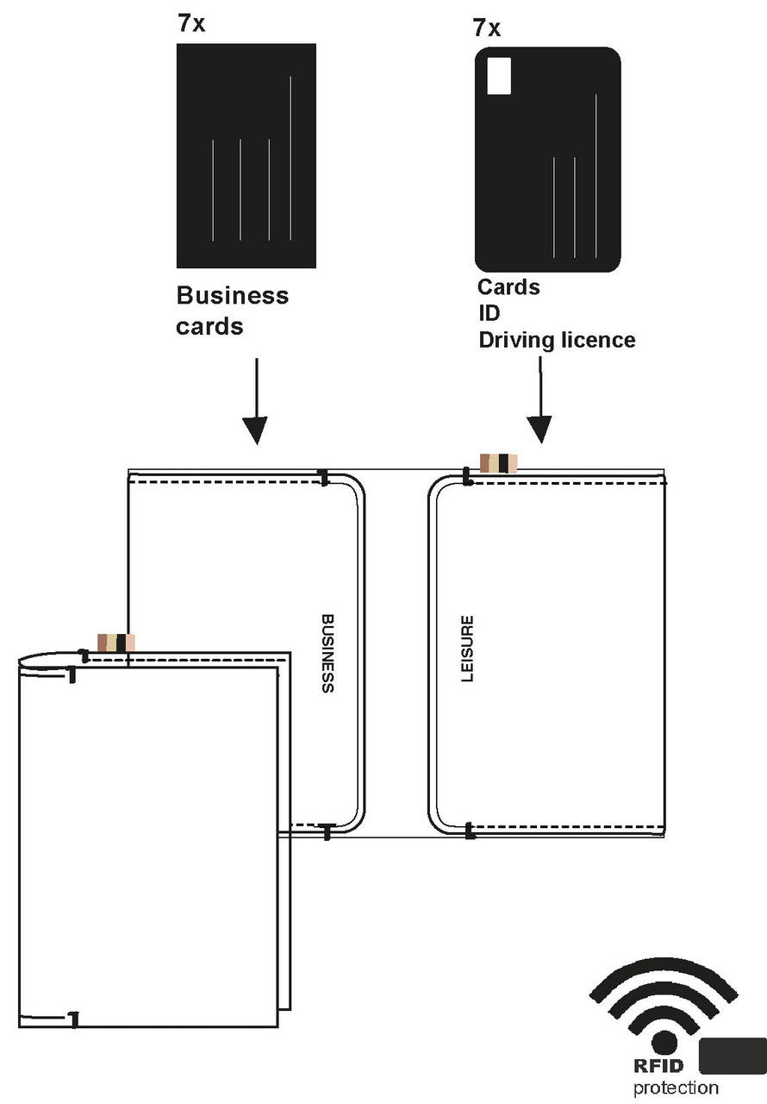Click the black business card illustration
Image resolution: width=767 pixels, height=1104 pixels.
point(246,155)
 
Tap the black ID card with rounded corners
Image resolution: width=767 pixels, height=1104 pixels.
point(547,160)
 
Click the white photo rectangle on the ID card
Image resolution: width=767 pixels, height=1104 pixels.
point(499,76)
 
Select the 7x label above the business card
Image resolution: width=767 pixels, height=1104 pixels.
point(191,23)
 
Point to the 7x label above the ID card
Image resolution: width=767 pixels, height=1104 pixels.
point(486,28)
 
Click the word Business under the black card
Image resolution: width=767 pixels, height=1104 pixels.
point(233,296)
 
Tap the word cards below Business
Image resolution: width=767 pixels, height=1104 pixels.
point(209,327)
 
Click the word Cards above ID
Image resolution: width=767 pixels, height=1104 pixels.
point(508,287)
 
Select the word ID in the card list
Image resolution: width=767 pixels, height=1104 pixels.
point(489,313)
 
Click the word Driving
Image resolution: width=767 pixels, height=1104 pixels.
point(515,340)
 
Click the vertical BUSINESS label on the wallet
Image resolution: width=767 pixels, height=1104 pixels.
point(327,653)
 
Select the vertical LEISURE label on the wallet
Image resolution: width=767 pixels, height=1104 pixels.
point(468,648)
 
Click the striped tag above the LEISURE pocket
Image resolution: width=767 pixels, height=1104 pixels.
point(498,463)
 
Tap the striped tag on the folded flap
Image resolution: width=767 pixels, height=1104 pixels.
point(116,643)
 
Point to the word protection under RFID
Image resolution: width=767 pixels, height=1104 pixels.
point(676,1088)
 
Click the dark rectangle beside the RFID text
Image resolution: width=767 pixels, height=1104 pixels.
point(733,1056)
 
